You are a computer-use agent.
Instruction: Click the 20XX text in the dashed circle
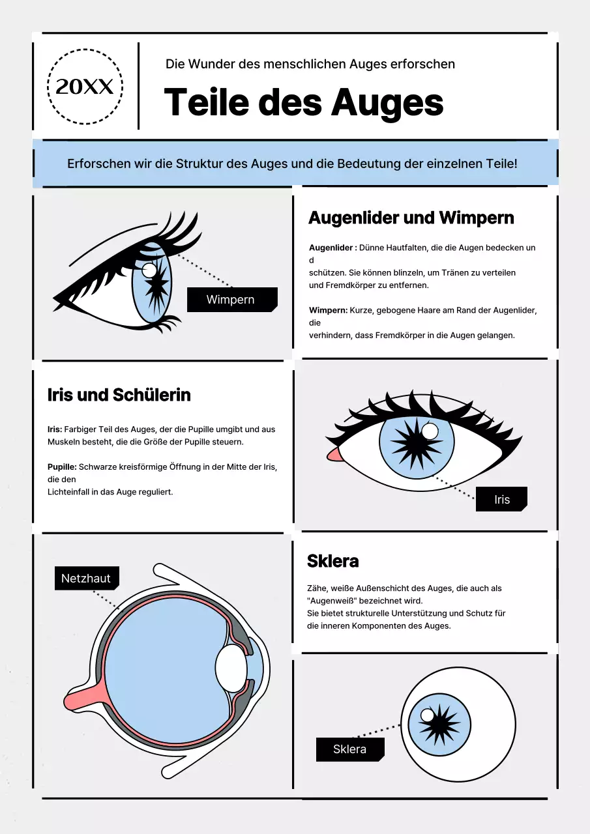click(85, 87)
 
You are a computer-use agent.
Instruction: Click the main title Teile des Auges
click(303, 103)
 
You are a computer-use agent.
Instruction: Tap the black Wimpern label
click(231, 300)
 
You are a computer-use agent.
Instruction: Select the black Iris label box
click(501, 500)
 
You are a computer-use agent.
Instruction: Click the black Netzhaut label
click(86, 578)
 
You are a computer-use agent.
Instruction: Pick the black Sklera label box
click(349, 749)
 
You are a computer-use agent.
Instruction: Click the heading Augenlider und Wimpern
click(411, 218)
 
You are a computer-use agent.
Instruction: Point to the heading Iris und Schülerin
click(119, 395)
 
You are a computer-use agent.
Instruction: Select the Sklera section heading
click(332, 561)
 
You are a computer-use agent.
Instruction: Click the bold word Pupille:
click(62, 467)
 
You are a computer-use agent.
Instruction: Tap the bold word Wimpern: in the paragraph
click(328, 311)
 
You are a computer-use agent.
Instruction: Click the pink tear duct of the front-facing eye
click(332, 454)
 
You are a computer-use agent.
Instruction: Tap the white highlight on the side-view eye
click(149, 270)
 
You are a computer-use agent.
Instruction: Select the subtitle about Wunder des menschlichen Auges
click(310, 64)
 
